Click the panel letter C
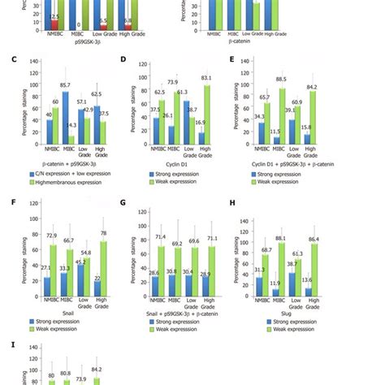point(8,59)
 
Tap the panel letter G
point(123,203)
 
